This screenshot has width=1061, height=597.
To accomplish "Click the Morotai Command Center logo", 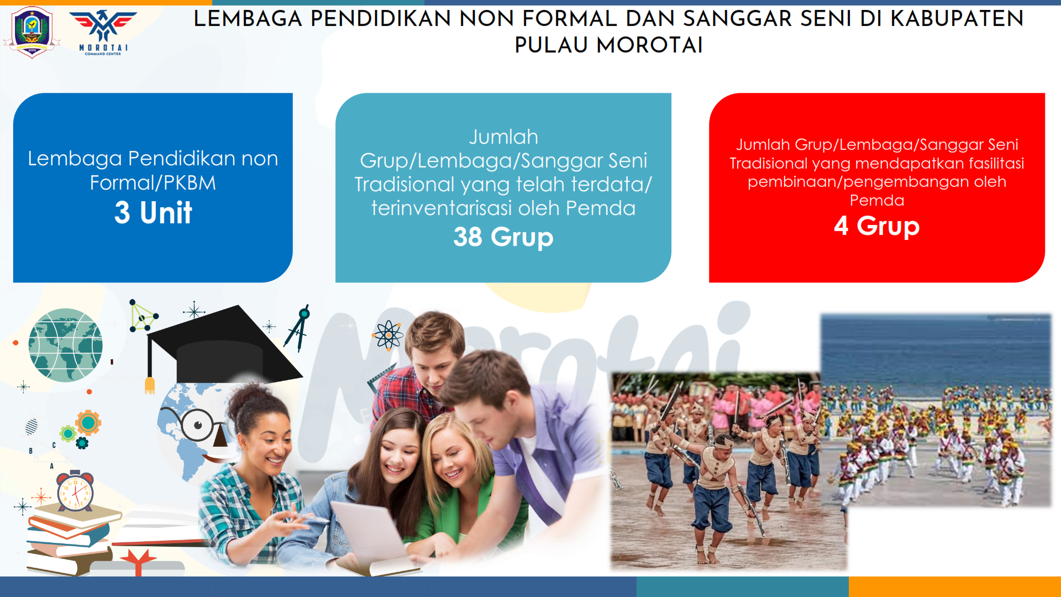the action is click(103, 32).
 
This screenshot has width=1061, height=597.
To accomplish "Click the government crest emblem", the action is click(31, 32).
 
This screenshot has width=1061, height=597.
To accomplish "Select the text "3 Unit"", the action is click(153, 212).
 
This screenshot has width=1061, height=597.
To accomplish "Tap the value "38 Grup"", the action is click(503, 237).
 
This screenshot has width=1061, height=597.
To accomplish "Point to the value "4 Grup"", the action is click(876, 226).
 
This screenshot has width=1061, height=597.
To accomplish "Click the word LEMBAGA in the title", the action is click(248, 19).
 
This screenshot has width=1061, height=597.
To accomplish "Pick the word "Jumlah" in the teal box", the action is click(503, 137).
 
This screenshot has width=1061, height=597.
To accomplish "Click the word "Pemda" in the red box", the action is click(877, 200).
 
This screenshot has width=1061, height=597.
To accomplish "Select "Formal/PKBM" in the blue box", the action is click(153, 183).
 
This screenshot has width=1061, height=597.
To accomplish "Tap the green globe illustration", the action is click(65, 345).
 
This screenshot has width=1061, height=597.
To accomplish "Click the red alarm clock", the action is click(75, 490).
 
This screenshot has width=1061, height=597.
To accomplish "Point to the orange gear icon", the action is click(88, 423).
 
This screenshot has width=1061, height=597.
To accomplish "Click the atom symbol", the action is click(388, 335).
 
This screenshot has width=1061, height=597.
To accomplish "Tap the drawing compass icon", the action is click(298, 328).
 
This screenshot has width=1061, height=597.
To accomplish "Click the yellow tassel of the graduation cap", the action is click(149, 386).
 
